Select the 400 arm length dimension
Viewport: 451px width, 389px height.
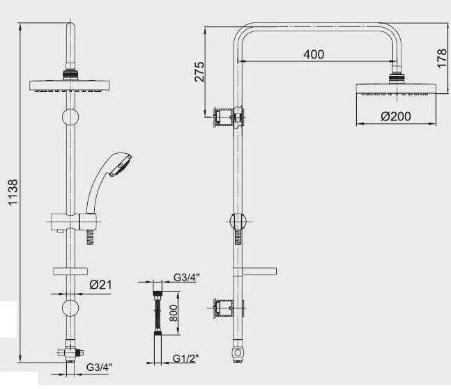(x=314, y=54)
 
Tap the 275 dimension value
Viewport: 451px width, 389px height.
(x=199, y=72)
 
